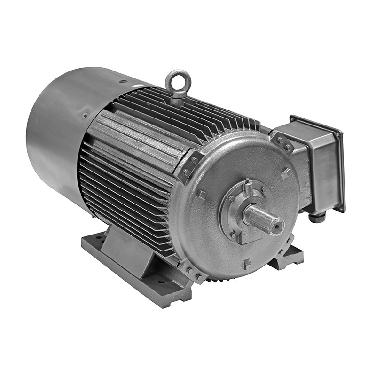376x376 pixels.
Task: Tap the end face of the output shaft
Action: click(x=276, y=225)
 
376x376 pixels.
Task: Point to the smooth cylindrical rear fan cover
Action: click(x=56, y=136)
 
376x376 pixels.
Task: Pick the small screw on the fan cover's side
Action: click(x=85, y=115)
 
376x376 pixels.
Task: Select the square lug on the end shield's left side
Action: click(x=202, y=194)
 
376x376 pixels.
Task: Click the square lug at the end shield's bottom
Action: click(x=246, y=264)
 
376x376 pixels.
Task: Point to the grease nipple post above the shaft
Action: click(x=248, y=186)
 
